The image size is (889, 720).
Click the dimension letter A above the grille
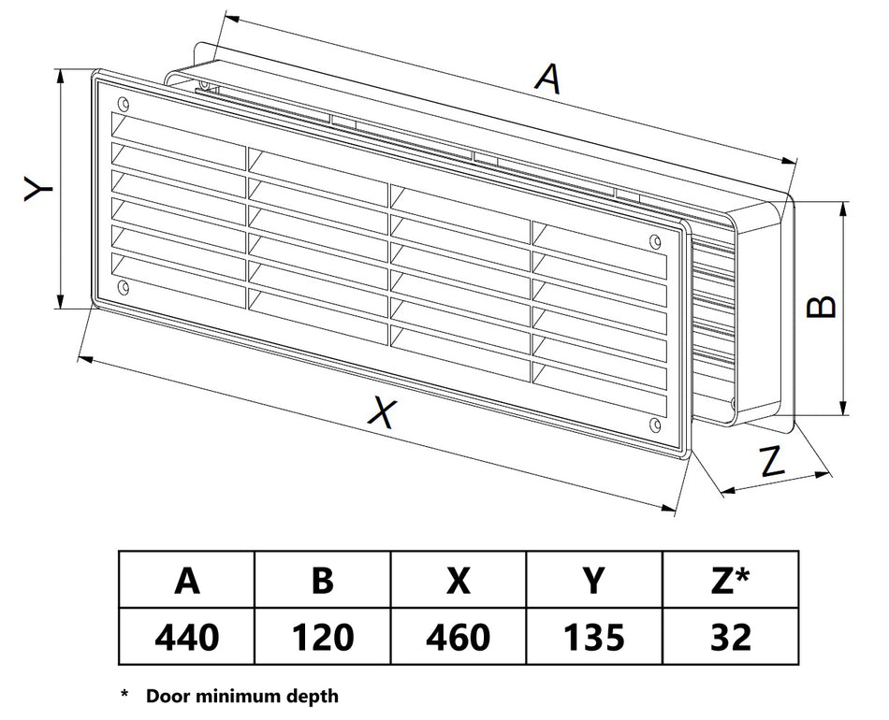[547, 79]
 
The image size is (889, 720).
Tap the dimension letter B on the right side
[822, 306]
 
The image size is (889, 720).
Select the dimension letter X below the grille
[379, 411]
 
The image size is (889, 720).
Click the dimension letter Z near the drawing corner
[770, 461]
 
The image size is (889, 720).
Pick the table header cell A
[187, 582]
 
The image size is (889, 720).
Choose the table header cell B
[322, 582]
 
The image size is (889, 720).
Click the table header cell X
[458, 582]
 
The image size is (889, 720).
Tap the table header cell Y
[593, 582]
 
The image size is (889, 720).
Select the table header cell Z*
[731, 582]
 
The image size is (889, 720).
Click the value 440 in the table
[187, 638]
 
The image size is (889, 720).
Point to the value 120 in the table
[322, 638]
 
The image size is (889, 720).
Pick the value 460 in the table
[458, 638]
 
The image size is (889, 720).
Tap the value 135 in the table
[593, 638]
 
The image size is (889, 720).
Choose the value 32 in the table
[731, 638]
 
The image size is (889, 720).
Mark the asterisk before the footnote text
[124, 695]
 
